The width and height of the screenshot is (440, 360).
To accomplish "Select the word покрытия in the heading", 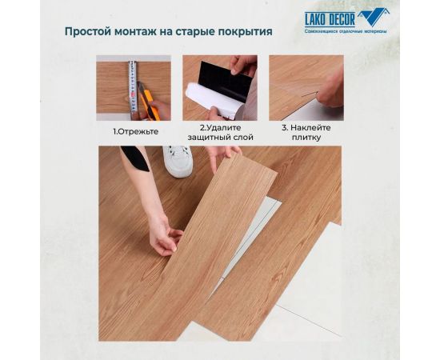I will tap(243, 32).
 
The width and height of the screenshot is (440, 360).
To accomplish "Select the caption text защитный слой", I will tap(220, 138).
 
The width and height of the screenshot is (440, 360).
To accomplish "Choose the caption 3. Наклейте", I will tap(306, 128).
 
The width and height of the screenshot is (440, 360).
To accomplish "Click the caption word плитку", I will tap(306, 138).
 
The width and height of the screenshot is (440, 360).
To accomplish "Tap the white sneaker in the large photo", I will tap(178, 160).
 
